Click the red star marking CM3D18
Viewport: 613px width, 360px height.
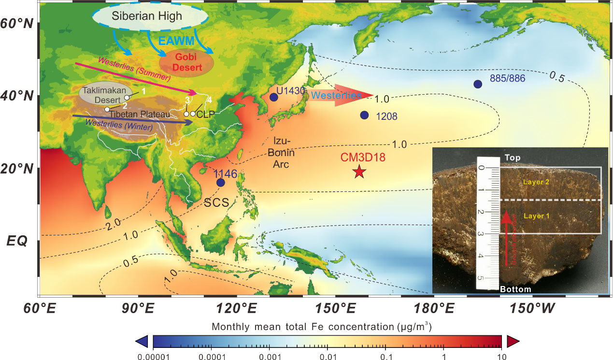click(x=358, y=172)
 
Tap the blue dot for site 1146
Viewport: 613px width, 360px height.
click(x=221, y=183)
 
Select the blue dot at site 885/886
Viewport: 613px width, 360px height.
click(x=478, y=84)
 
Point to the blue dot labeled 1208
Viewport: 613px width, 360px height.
click(x=364, y=115)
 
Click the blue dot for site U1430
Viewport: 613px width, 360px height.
click(x=274, y=97)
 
